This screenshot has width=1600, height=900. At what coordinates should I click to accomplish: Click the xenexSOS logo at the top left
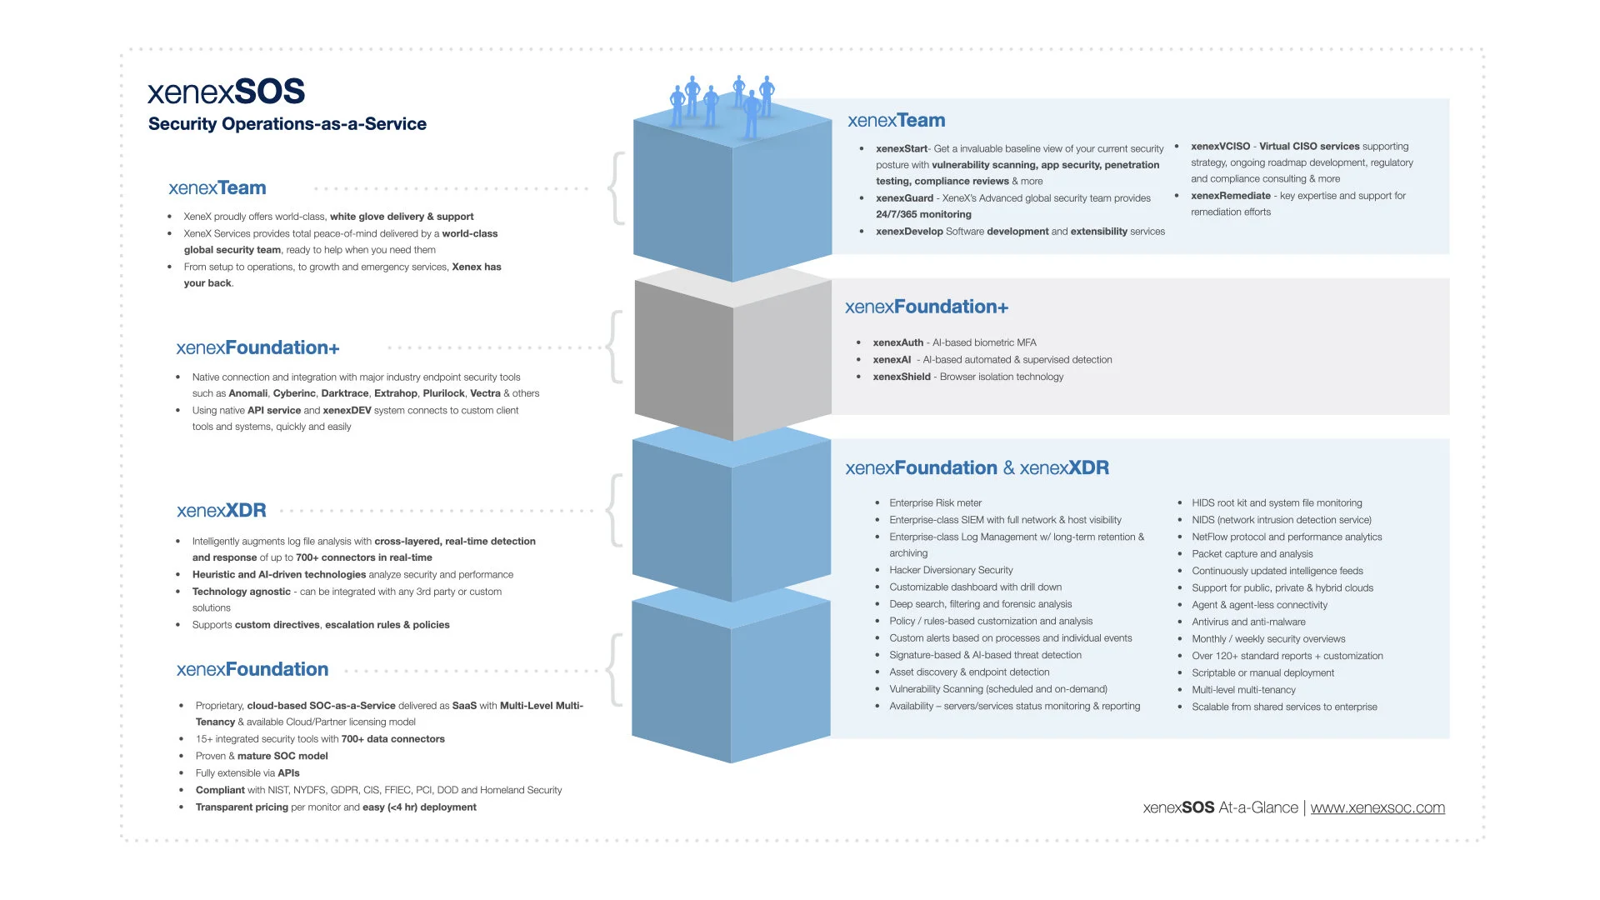pos(226,92)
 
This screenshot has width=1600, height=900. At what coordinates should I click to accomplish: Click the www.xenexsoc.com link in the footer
pos(1377,807)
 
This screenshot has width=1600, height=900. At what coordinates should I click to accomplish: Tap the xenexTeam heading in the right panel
pos(896,121)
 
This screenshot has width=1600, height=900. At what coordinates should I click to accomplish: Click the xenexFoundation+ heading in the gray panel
pos(926,307)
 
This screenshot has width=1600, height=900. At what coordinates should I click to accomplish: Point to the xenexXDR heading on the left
pos(221,511)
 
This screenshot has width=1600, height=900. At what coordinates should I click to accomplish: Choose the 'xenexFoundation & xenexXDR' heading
pos(977,468)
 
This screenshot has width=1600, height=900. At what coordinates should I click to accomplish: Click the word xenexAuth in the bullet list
pos(897,342)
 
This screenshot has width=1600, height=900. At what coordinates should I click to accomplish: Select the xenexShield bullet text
pos(967,377)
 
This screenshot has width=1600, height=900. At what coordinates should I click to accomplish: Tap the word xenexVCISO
pos(1220,147)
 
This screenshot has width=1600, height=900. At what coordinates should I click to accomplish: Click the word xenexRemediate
pos(1230,196)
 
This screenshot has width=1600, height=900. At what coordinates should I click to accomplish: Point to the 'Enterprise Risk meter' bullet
pos(935,503)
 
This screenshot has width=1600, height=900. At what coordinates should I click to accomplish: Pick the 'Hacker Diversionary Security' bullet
pos(951,570)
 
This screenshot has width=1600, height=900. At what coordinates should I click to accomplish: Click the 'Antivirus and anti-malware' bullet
pos(1248,622)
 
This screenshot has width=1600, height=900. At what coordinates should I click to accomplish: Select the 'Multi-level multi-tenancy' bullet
pos(1243,690)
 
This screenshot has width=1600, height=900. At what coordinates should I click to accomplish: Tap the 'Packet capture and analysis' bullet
pos(1252,554)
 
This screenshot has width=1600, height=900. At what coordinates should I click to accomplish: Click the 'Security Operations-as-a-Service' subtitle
pos(287,124)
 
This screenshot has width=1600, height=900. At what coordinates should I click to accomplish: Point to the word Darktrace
pos(344,393)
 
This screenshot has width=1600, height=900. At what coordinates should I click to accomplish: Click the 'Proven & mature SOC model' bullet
pos(262,756)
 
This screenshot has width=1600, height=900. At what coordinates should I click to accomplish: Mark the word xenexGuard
pos(904,198)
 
